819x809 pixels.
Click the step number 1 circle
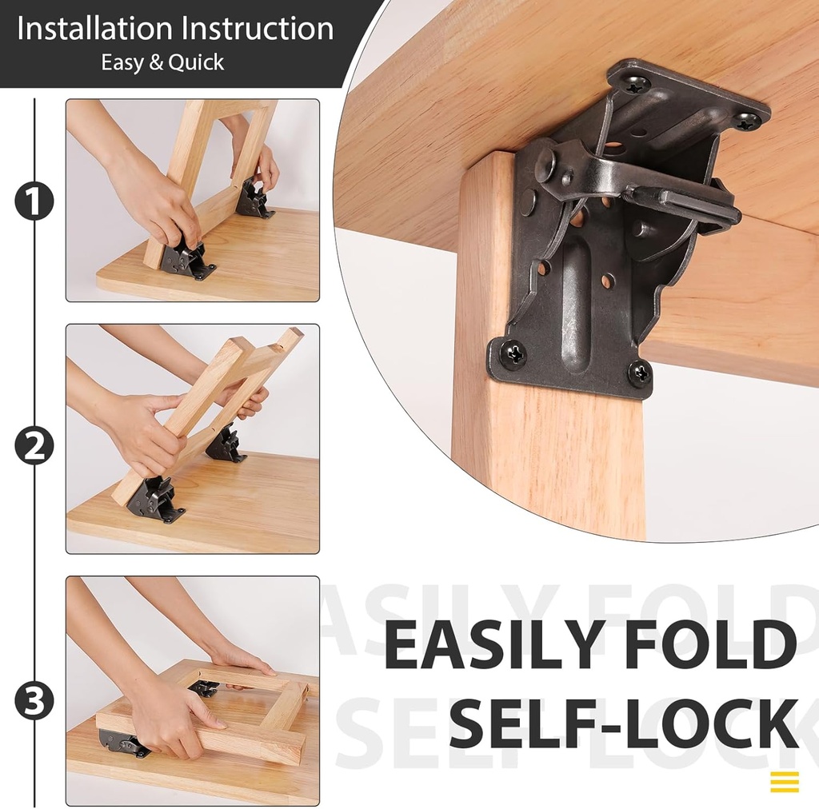34,201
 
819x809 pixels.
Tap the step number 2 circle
34,446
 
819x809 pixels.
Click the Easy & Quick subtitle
162,63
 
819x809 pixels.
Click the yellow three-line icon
785,781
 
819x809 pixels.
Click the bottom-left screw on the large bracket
513,353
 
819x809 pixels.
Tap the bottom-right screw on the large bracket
638,372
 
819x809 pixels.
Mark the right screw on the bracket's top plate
747,121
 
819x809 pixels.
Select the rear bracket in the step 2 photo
226,445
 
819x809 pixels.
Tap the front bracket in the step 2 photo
154,500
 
